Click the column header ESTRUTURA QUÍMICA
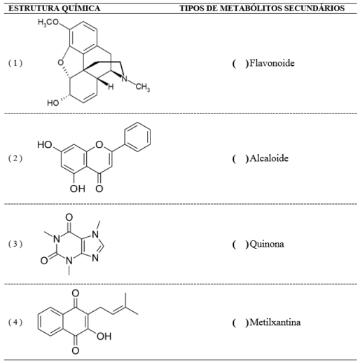pyautogui.click(x=55, y=8)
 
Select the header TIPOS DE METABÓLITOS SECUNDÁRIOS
pyautogui.click(x=262, y=8)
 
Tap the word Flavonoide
pyautogui.click(x=272, y=63)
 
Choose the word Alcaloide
pyautogui.click(x=269, y=158)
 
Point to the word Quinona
pyautogui.click(x=267, y=245)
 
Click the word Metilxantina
pyautogui.click(x=275, y=322)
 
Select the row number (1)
pyautogui.click(x=15, y=63)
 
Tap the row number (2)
pyautogui.click(x=15, y=158)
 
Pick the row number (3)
pyautogui.click(x=15, y=244)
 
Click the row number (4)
pyautogui.click(x=15, y=322)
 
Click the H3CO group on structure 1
pyautogui.click(x=48, y=22)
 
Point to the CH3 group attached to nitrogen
pyautogui.click(x=143, y=87)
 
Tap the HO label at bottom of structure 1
pyautogui.click(x=53, y=103)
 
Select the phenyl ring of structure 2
pyautogui.click(x=137, y=137)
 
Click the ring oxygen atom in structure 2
pyautogui.click(x=99, y=145)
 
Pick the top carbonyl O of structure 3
pyautogui.click(x=69, y=217)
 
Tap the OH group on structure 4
pyautogui.click(x=104, y=336)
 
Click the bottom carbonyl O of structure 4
pyautogui.click(x=75, y=350)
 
